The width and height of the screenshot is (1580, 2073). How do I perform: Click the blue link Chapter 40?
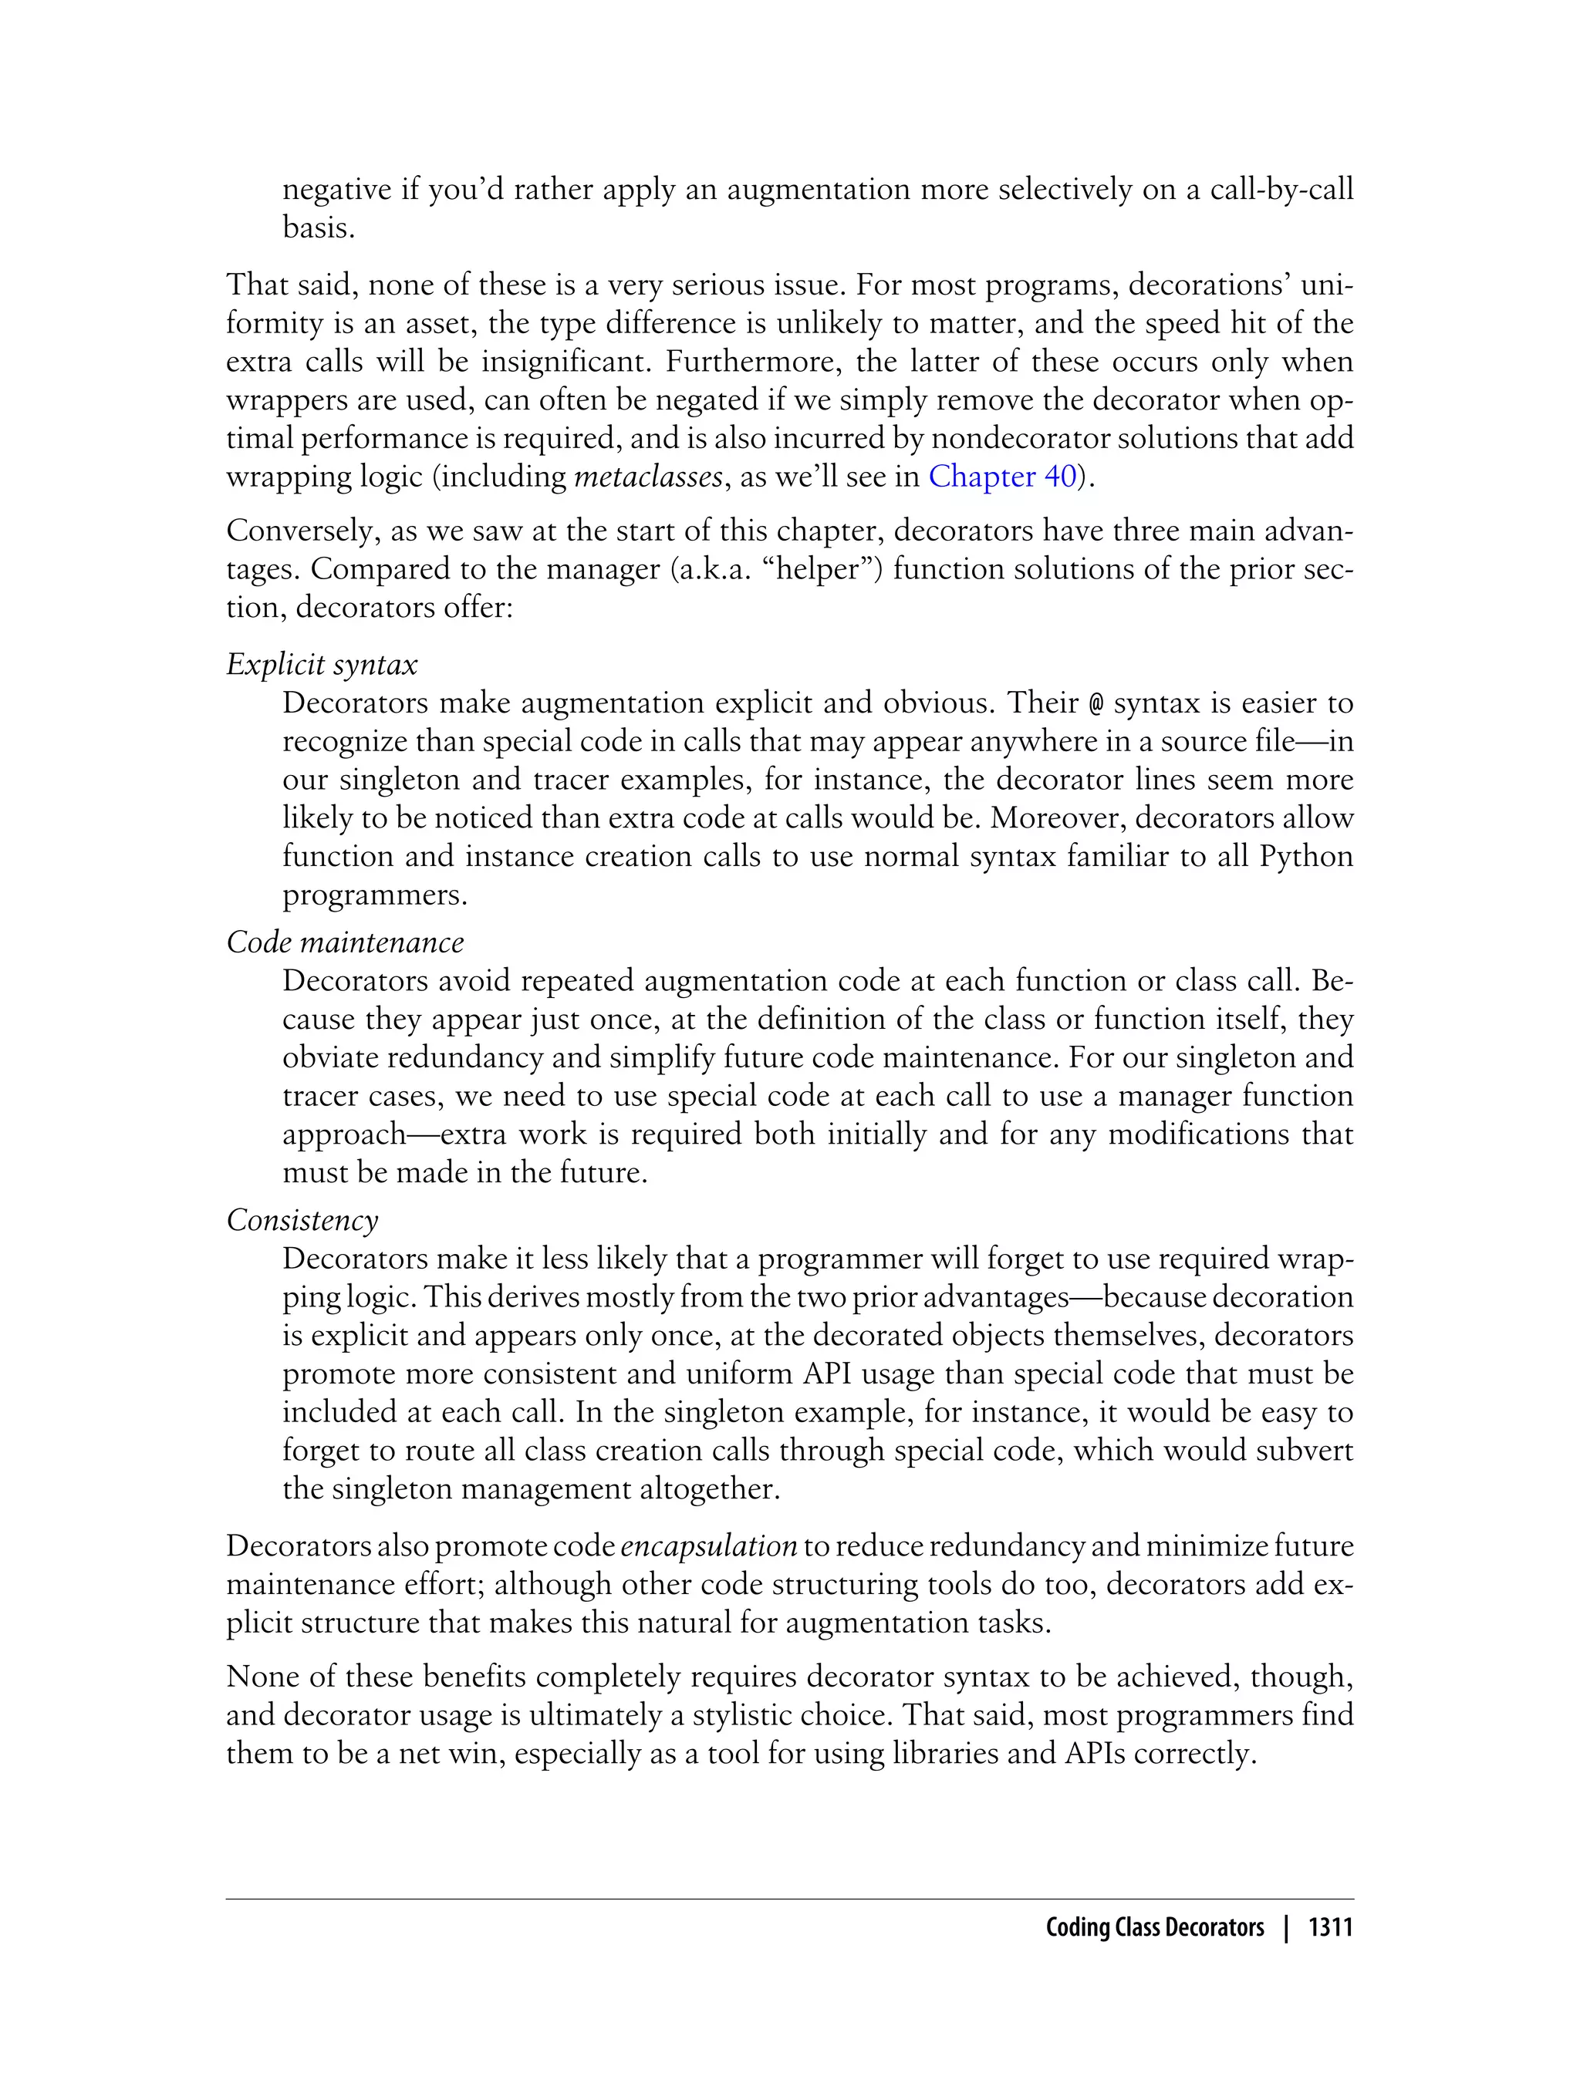pos(1001,477)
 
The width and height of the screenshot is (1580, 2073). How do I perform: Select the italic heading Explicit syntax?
pos(322,666)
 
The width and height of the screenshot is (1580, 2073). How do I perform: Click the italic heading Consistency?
pos(302,1220)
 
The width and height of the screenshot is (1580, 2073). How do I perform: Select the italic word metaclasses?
pos(648,477)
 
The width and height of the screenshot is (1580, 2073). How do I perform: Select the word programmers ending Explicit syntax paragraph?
pos(373,896)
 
